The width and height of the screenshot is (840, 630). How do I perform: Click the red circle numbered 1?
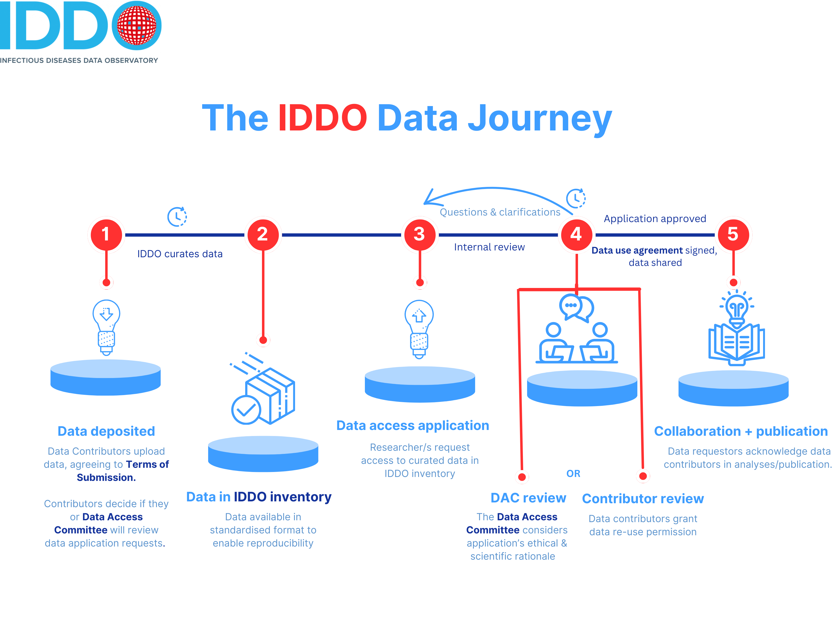pos(106,234)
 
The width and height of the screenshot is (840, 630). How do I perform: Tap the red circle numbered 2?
pos(263,234)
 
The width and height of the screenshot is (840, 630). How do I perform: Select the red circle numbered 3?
pos(420,234)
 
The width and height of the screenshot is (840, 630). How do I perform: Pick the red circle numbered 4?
pos(576,234)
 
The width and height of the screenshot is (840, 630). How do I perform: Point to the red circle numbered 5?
pos(733,234)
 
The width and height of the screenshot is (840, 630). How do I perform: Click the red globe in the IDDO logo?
pos(136,25)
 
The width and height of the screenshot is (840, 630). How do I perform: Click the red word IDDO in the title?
pos(322,118)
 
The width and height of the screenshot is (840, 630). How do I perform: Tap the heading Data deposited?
pos(106,431)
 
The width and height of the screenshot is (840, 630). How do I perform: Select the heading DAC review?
pos(528,498)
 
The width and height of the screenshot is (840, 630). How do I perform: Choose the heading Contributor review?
pos(643,498)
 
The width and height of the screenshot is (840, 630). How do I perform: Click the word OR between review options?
pos(573,474)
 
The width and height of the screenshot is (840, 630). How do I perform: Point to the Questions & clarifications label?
pos(500,212)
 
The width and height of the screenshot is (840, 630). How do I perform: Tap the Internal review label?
pos(490,247)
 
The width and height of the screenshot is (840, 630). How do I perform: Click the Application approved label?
pos(655,219)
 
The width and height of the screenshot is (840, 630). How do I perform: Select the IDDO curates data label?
pos(180,254)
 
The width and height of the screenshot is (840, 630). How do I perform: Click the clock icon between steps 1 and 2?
pos(177,217)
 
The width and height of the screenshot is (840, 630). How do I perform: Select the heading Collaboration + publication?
pos(741,431)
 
